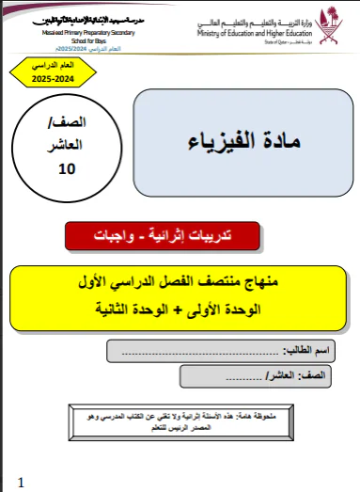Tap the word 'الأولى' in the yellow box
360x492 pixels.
tap(230, 308)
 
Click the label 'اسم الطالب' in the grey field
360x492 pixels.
tap(311, 352)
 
